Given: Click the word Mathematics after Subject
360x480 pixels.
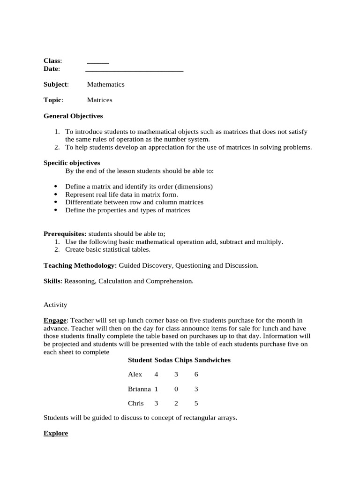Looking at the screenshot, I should (105, 84).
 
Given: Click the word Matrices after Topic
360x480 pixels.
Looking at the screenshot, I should (99, 100).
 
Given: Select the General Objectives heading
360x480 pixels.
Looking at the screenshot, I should (73, 116).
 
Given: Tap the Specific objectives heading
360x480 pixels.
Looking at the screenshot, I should (72, 163).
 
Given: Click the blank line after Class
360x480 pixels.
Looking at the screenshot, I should (97, 62).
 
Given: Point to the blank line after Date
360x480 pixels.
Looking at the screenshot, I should (134, 70).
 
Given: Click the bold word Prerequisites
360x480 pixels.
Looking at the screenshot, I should (65, 234).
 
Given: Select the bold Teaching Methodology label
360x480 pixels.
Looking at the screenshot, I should (80, 265).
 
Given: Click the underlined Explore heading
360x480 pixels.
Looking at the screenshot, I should (56, 433).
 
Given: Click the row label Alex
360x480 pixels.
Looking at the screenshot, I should (135, 375).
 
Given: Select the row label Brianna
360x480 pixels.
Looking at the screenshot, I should (139, 389).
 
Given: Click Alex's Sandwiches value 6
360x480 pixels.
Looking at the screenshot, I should (196, 375).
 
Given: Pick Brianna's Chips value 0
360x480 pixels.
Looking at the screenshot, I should (176, 389).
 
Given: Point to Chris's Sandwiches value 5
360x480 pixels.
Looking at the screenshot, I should (196, 403).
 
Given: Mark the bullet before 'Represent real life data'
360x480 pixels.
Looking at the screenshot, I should (55, 195).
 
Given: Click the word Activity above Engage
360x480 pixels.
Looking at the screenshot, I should (55, 305).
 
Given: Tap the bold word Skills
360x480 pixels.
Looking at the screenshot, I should (52, 281).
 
